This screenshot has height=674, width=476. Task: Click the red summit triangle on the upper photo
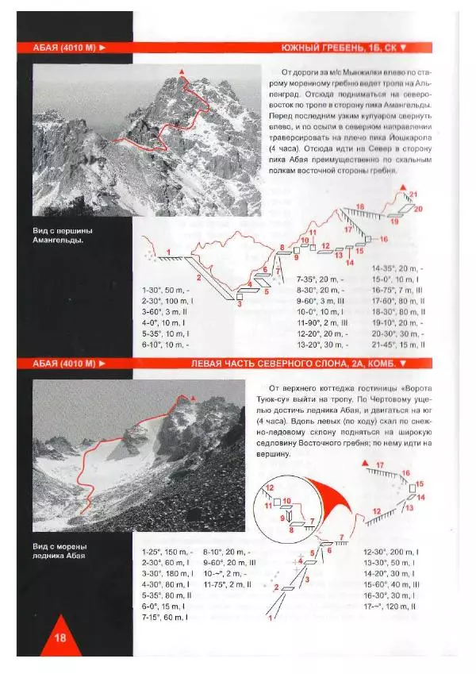183,72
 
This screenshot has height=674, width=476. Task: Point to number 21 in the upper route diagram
413,194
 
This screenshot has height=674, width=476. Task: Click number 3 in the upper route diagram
239,304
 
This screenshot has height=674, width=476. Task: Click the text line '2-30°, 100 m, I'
167,301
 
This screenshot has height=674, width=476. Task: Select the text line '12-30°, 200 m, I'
390,551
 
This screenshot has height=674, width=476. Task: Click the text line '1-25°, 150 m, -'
166,551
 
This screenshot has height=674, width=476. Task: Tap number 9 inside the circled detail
282,517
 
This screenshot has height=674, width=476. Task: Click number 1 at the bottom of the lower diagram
270,617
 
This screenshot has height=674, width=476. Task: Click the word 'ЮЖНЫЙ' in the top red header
302,48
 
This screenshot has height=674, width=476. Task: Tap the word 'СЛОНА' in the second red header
326,364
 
